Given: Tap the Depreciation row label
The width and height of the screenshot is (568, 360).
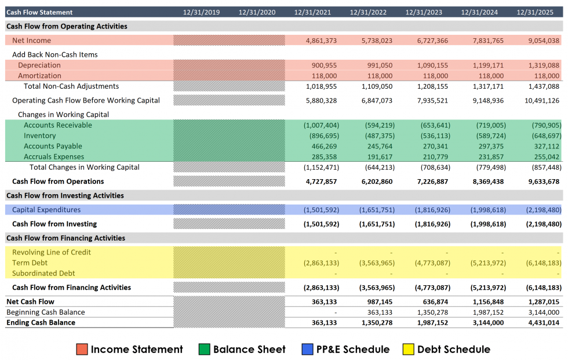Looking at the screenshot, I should click(39, 65).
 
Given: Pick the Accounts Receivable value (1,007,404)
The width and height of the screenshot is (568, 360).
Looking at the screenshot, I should click(321, 125).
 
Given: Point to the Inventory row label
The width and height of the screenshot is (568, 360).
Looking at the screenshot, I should click(40, 136).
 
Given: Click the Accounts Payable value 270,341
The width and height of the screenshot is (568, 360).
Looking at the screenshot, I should click(432, 146).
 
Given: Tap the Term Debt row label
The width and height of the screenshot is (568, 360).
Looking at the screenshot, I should click(30, 263).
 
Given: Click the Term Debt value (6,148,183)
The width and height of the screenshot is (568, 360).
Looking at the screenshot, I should click(543, 263).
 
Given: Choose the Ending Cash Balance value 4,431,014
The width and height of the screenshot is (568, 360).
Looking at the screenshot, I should click(544, 322).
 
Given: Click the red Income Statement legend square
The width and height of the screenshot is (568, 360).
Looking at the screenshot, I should click(82, 349).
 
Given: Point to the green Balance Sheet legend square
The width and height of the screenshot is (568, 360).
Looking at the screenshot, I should click(204, 349).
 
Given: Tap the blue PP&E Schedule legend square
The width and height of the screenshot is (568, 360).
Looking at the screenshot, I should click(307, 349).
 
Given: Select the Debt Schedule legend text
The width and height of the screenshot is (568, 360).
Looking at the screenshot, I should click(453, 349).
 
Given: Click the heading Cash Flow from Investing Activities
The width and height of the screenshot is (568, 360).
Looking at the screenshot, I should click(65, 195).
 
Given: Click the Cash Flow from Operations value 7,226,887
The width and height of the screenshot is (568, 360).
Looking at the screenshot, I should click(432, 181).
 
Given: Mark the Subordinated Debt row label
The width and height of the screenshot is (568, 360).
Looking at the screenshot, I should click(43, 273).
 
